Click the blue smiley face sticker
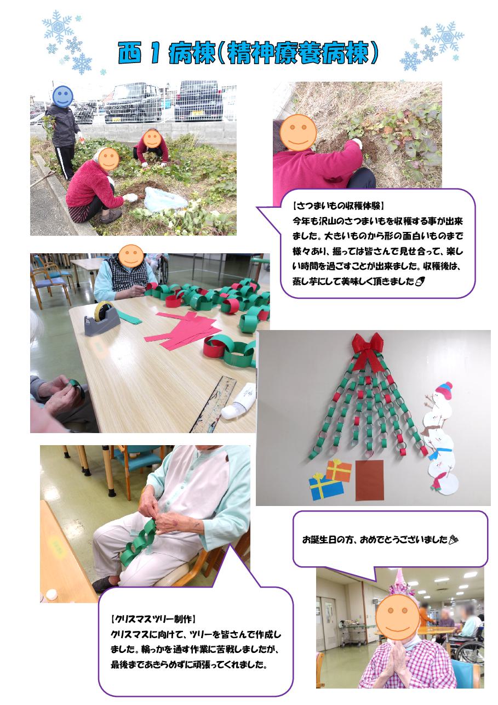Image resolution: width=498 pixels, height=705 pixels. (63, 97)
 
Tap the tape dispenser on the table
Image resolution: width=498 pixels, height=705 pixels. (102, 318)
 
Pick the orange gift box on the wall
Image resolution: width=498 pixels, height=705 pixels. (339, 470)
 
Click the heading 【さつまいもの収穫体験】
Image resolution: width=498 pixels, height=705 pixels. (338, 206)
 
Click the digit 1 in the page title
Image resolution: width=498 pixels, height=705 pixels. (154, 54)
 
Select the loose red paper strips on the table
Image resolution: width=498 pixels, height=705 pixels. (181, 329)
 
